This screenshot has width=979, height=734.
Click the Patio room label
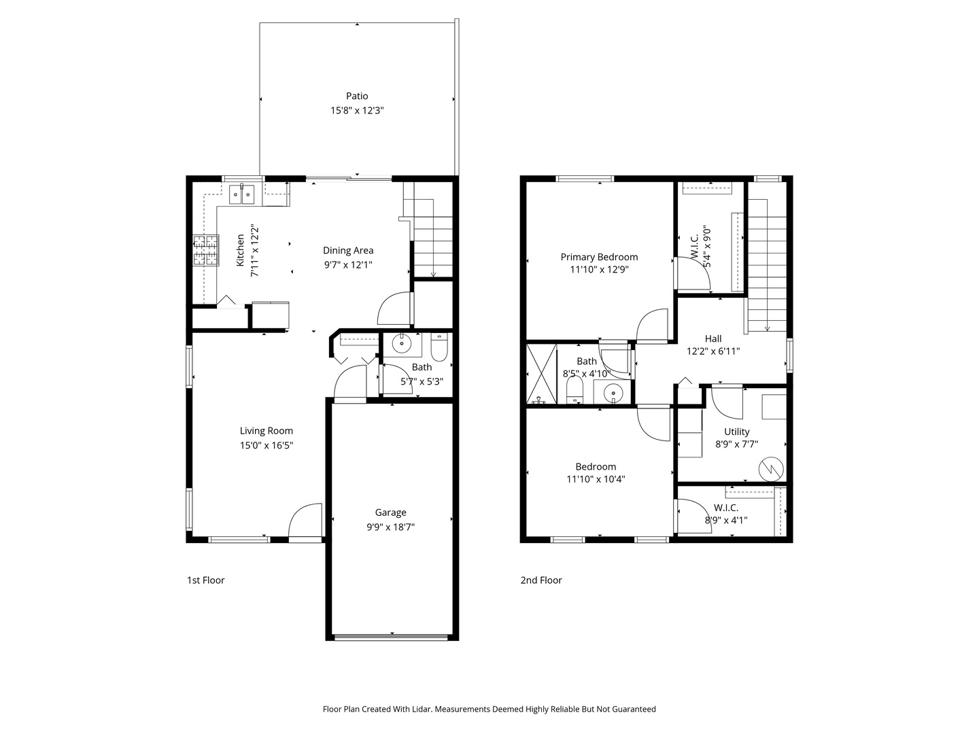[357, 96]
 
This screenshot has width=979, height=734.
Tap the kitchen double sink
[241, 194]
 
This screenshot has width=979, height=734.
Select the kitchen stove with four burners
[207, 250]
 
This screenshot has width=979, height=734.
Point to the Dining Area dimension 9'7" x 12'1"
[347, 265]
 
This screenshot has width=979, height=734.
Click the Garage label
[390, 512]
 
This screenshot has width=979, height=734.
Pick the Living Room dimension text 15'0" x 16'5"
[266, 445]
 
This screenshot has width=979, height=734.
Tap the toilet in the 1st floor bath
[439, 348]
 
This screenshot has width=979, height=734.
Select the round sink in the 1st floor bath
[402, 345]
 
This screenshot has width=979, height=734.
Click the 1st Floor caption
[205, 580]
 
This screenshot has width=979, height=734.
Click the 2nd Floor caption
[541, 580]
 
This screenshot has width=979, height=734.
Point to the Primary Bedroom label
[599, 257]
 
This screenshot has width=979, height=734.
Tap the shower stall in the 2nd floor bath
[542, 374]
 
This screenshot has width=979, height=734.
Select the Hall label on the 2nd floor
[713, 338]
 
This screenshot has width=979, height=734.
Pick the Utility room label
[736, 432]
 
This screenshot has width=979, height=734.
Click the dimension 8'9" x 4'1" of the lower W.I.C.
[725, 521]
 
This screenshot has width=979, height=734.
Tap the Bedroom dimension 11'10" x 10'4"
[596, 479]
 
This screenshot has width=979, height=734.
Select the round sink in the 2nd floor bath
[614, 393]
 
